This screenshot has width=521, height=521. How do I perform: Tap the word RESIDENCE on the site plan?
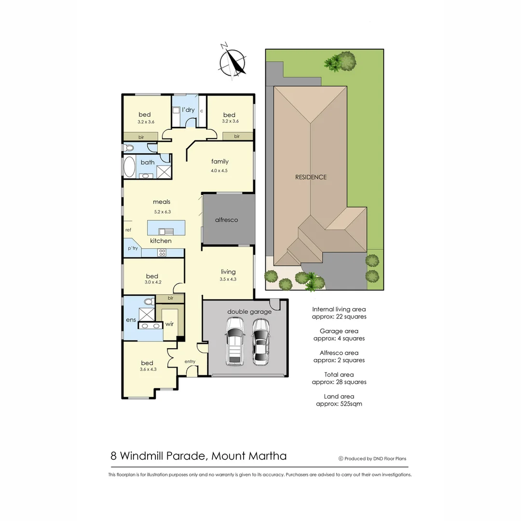tap(311, 177)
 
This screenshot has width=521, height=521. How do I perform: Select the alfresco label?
tap(227, 220)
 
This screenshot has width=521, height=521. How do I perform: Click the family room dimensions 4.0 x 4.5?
tap(219, 170)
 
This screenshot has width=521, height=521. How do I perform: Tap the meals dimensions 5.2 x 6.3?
tap(162, 211)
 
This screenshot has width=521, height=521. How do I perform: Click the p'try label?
tap(133, 248)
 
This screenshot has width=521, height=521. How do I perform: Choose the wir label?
tap(169, 324)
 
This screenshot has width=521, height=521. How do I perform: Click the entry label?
tap(190, 361)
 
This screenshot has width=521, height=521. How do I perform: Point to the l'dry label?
tap(189, 110)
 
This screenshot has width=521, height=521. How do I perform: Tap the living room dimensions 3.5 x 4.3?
tap(228, 279)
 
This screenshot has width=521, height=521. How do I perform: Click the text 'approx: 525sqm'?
tap(339, 404)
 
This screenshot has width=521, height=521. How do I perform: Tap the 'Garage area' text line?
tap(339, 331)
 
